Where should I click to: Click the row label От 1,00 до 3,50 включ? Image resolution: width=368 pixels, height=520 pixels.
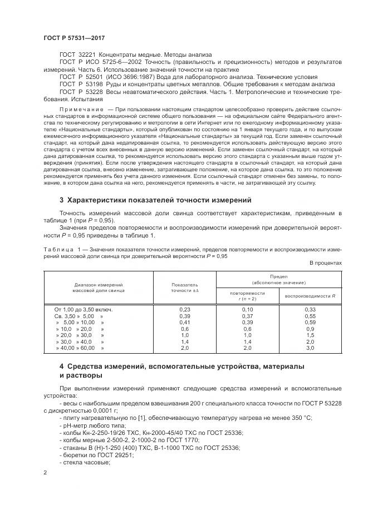[84, 309]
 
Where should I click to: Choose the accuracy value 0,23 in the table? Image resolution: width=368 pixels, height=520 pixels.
[185, 309]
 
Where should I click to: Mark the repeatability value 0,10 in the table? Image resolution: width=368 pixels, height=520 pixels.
[247, 309]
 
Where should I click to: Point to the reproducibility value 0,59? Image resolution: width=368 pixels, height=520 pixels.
[310, 322]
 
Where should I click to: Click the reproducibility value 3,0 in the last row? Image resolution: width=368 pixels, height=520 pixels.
[310, 348]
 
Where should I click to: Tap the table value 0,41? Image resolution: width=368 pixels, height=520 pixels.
[185, 322]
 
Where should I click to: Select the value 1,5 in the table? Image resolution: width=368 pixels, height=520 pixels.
[310, 335]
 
